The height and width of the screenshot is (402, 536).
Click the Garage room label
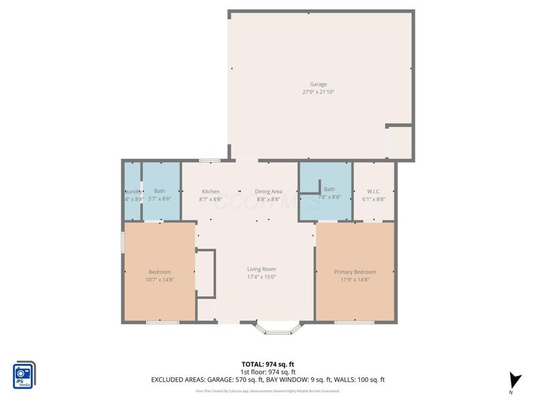pyautogui.click(x=318, y=84)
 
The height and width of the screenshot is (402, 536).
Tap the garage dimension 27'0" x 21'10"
pyautogui.click(x=318, y=92)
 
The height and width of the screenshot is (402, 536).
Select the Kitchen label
pyautogui.click(x=210, y=192)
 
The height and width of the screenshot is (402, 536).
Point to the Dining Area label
pyautogui.click(x=268, y=192)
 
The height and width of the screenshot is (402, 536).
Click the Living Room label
pyautogui.click(x=261, y=269)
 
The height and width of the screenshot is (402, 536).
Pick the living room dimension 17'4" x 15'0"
pyautogui.click(x=261, y=277)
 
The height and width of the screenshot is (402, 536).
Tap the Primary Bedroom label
pyautogui.click(x=354, y=272)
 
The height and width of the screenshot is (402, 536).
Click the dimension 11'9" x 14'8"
pyautogui.click(x=354, y=279)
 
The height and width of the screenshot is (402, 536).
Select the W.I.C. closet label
pyautogui.click(x=373, y=192)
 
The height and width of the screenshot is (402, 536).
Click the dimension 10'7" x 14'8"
pyautogui.click(x=159, y=279)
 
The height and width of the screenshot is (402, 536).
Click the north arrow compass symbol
pyautogui.click(x=513, y=380)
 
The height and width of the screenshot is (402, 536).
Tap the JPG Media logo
pyautogui.click(x=24, y=375)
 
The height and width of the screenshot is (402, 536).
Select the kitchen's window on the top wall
pyautogui.click(x=210, y=161)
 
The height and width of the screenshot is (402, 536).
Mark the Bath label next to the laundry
pyautogui.click(x=159, y=192)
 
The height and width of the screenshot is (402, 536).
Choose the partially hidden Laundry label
pyautogui.click(x=132, y=192)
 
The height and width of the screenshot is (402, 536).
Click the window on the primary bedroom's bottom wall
pyautogui.click(x=354, y=323)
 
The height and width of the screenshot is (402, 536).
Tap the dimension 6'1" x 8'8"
pyautogui.click(x=373, y=199)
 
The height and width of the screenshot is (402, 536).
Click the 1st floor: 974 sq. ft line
pyautogui.click(x=268, y=372)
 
